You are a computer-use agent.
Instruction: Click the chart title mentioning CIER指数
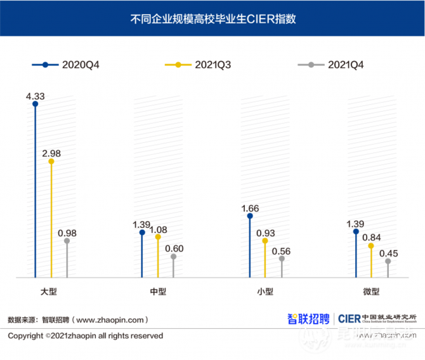click(213, 19)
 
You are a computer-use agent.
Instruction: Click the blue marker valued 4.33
click(36, 104)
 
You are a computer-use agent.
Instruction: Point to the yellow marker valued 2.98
click(51, 161)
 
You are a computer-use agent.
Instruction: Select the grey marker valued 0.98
click(67, 241)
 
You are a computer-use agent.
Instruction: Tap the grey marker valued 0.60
click(173, 257)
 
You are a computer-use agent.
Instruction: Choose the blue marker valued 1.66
click(250, 216)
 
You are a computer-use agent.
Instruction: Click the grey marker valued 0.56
click(282, 258)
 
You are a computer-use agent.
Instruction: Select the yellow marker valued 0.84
click(372, 245)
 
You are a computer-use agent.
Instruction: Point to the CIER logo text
click(350, 318)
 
